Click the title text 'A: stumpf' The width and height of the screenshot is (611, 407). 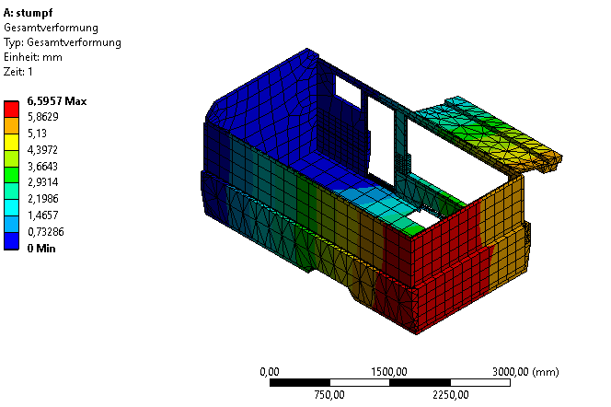click(x=28, y=13)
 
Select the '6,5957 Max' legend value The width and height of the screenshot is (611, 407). click(x=57, y=101)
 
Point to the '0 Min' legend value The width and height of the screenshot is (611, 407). click(x=41, y=249)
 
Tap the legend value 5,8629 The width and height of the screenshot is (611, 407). click(x=43, y=117)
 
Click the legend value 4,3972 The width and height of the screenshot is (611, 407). click(x=42, y=150)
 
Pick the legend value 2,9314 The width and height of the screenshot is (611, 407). click(x=43, y=182)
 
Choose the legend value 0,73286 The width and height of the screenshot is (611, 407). click(x=46, y=232)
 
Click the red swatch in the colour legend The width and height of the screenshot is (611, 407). click(x=11, y=110)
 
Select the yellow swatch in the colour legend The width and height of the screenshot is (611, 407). click(x=11, y=143)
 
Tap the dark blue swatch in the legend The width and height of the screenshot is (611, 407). click(x=11, y=241)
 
